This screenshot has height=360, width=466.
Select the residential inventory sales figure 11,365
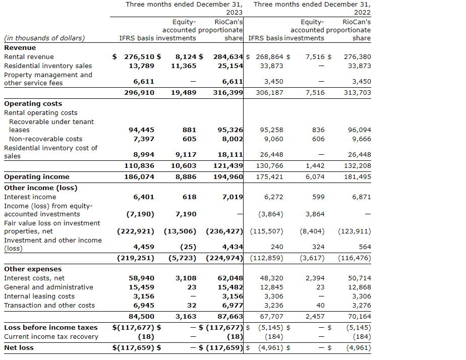point(184,66)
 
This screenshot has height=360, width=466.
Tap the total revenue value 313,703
point(357,93)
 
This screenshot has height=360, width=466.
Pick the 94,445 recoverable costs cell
point(142,130)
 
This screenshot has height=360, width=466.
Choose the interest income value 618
point(189,197)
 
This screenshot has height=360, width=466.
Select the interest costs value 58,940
point(142,278)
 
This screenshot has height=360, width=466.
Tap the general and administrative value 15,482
point(230,287)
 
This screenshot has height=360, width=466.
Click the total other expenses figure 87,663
point(230,317)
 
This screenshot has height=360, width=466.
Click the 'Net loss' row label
point(18,347)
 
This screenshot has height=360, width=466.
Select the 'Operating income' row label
point(37,177)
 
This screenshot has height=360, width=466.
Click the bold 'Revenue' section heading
point(20,48)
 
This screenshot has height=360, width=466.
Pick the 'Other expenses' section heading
point(33,269)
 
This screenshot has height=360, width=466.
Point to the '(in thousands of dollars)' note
point(44,38)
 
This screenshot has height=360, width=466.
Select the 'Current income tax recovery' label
point(51,337)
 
